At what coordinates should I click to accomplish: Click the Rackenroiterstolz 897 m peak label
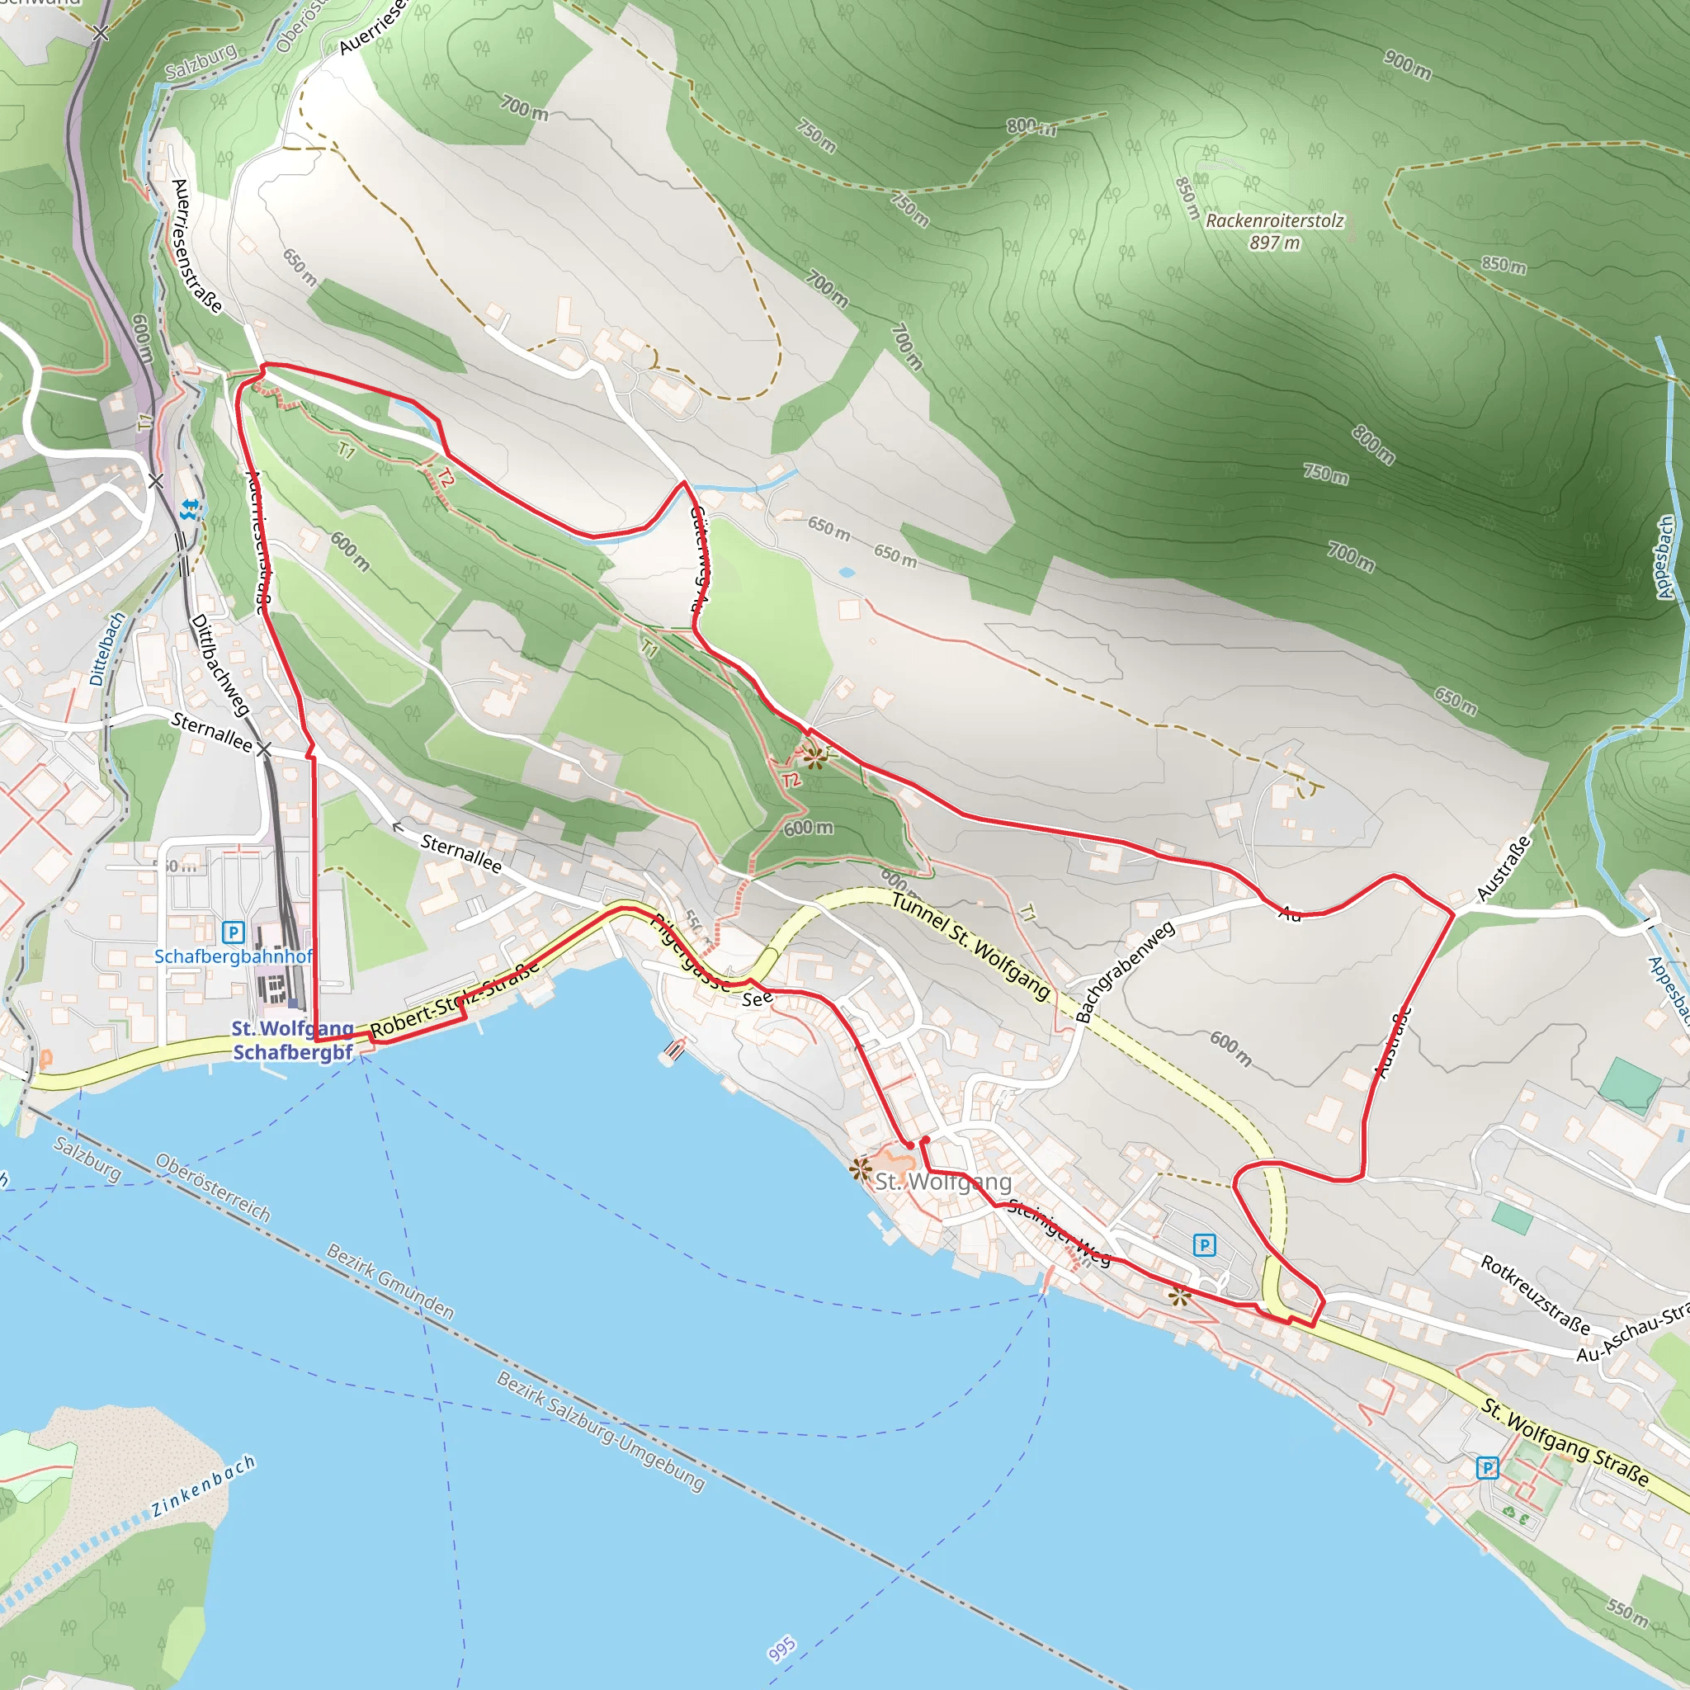pyautogui.click(x=1273, y=231)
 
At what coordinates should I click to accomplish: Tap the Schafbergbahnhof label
pyautogui.click(x=233, y=956)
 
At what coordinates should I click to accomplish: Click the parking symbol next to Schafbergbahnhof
pyautogui.click(x=233, y=932)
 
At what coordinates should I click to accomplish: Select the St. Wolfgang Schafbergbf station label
pyautogui.click(x=292, y=1040)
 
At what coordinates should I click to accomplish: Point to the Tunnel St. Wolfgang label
pyautogui.click(x=971, y=946)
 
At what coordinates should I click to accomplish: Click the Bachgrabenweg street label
pyautogui.click(x=1125, y=970)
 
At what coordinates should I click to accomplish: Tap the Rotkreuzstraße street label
pyautogui.click(x=1535, y=1295)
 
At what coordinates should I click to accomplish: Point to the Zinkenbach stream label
pyautogui.click(x=203, y=1486)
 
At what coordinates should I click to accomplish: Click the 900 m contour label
pyautogui.click(x=1408, y=64)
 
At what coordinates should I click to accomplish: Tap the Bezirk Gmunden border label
pyautogui.click(x=390, y=1282)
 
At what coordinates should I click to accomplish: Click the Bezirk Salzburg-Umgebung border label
pyautogui.click(x=600, y=1430)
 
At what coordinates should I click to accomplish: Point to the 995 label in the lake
pyautogui.click(x=782, y=1649)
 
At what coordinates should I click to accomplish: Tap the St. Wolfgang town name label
pyautogui.click(x=943, y=1182)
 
